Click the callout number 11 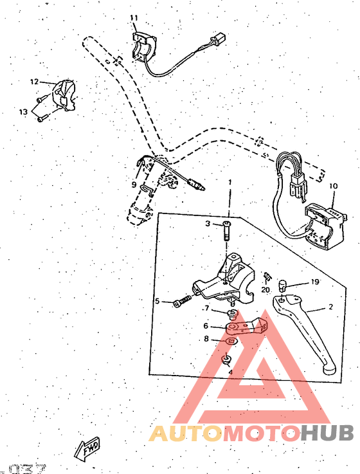[134, 17]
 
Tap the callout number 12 [34, 82]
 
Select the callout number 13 [23, 111]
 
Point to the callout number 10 [333, 187]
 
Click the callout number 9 [134, 185]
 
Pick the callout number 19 [315, 282]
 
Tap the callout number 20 [265, 290]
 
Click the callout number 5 [156, 301]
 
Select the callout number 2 [330, 307]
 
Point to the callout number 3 [208, 223]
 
